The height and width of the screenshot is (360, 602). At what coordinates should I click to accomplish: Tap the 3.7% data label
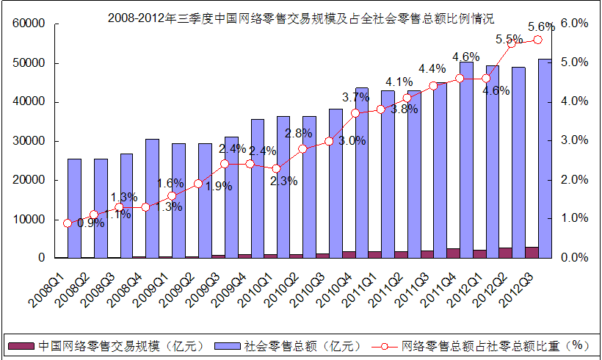pyautogui.click(x=356, y=97)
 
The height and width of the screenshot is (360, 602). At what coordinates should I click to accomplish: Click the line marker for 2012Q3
pyautogui.click(x=538, y=40)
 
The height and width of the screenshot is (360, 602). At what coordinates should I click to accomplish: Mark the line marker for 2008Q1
pyautogui.click(x=68, y=223)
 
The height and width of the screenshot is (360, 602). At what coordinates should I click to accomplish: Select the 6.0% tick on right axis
pyautogui.click(x=575, y=24)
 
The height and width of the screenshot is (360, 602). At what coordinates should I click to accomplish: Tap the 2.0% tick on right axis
pyautogui.click(x=575, y=180)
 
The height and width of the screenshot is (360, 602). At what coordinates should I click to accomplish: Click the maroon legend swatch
pyautogui.click(x=20, y=345)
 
